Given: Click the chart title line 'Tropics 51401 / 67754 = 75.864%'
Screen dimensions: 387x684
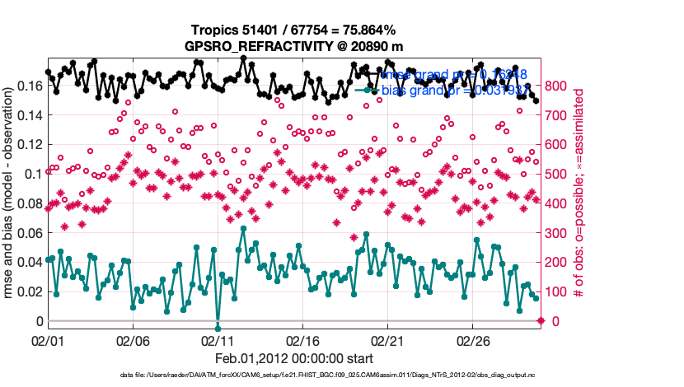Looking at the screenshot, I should point(293,30).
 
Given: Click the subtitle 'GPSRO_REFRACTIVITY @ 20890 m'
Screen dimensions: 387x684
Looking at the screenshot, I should point(293,46).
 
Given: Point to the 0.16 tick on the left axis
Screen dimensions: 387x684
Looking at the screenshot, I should point(30,86).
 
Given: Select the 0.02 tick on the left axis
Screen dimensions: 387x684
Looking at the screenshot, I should point(30,291).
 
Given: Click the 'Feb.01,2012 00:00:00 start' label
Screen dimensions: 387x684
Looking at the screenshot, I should point(293,358).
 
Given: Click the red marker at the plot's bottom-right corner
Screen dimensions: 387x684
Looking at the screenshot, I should point(541,320).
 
